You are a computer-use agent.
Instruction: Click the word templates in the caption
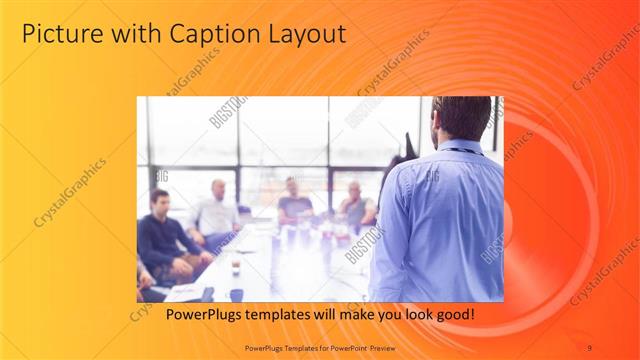[271, 315]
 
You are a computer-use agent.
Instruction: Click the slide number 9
[589, 347]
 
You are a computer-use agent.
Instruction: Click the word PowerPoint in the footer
[343, 347]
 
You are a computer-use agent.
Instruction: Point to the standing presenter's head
[463, 118]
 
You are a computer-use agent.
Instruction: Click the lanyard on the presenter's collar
[461, 150]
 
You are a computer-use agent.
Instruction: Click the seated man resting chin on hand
[355, 206]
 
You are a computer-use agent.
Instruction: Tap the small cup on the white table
[236, 266]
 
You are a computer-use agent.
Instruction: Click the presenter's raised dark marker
[408, 145]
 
